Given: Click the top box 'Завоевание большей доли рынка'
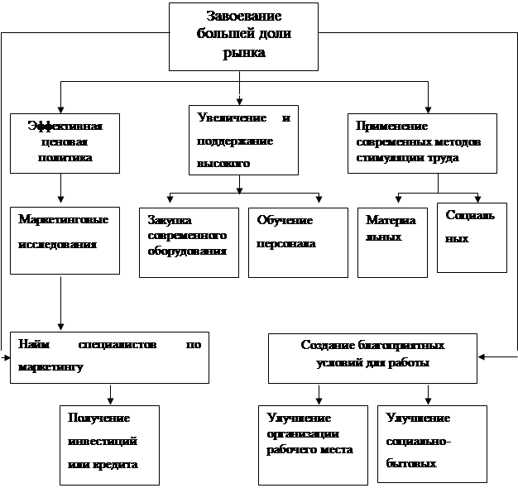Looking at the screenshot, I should click(x=243, y=36).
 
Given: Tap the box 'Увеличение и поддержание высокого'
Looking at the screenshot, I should click(x=243, y=140).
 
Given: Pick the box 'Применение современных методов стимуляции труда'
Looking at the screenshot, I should click(x=423, y=141).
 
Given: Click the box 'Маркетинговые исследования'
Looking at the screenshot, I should click(x=60, y=241).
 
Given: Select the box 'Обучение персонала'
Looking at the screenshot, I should click(x=298, y=242).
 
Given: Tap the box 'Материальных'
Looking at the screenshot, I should click(x=393, y=242).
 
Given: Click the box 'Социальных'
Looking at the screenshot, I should click(x=472, y=237).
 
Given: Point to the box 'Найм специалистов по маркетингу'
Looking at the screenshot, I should click(x=109, y=357).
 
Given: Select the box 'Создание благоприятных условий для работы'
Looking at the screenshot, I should click(x=373, y=357).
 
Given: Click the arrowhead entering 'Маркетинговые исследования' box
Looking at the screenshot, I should click(x=61, y=201).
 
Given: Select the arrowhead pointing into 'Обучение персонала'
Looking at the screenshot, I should click(x=319, y=199).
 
